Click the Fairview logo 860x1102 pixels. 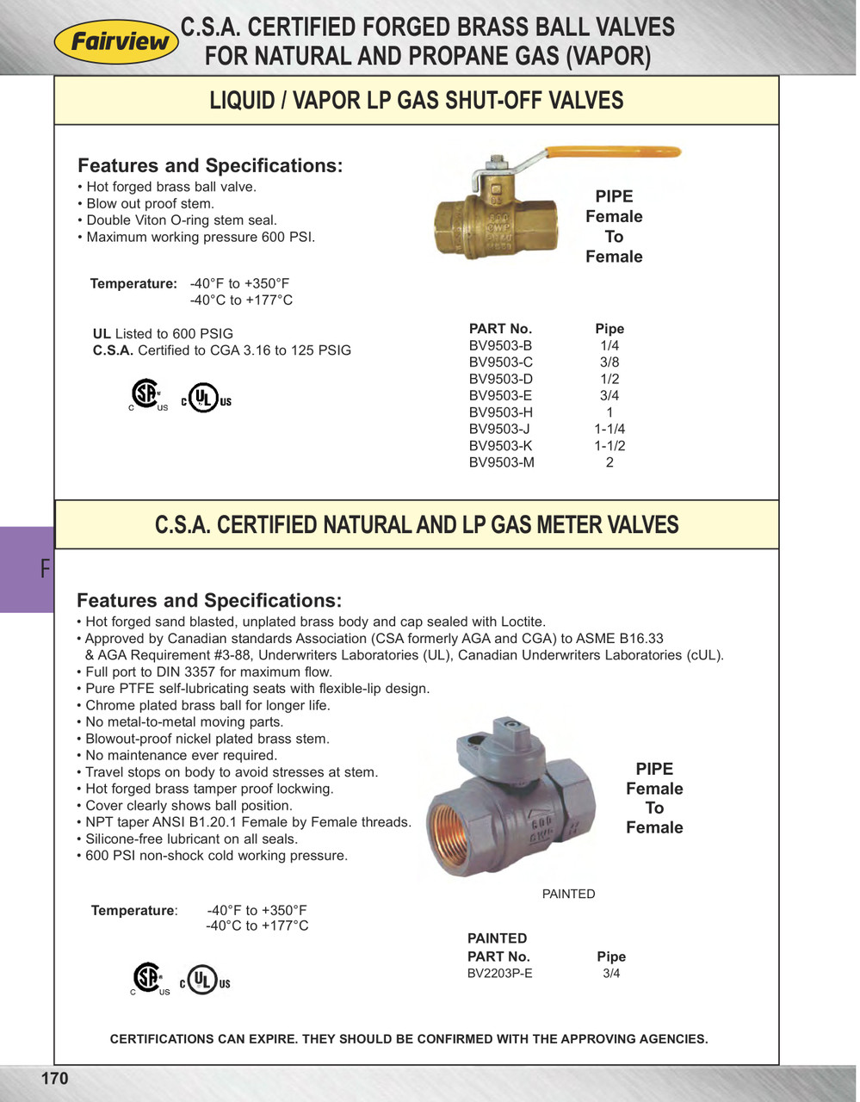point(116,41)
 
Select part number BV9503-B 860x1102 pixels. point(500,345)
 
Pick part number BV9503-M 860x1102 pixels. point(501,462)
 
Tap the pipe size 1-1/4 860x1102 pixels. point(609,429)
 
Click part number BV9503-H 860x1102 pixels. point(500,412)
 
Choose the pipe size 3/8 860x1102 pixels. point(609,362)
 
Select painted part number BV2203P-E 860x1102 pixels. point(499,974)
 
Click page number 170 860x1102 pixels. point(54,1079)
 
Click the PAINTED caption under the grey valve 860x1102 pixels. point(568,894)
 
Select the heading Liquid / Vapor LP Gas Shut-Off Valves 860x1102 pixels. point(417,101)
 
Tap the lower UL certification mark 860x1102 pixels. point(205,981)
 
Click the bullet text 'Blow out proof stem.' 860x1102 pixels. point(150,204)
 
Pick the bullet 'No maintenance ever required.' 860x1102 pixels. point(181,755)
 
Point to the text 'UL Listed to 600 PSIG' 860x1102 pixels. point(163,334)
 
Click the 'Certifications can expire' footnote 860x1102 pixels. point(409,1039)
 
